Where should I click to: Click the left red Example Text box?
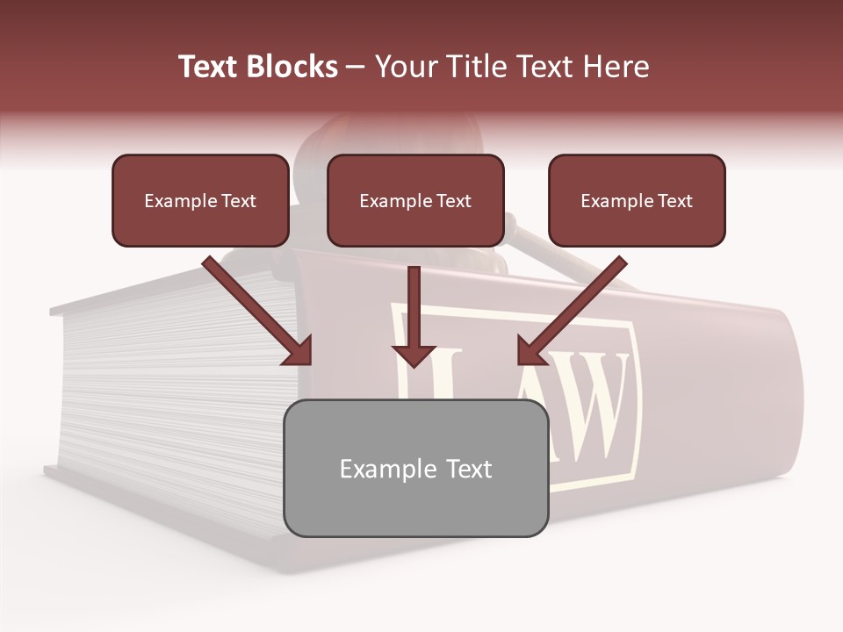coord(200,201)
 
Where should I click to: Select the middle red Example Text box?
coord(415,201)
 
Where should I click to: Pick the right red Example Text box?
coord(637,201)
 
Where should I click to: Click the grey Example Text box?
coord(415,469)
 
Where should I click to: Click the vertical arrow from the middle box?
coord(414,307)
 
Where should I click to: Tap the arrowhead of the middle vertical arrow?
coord(414,353)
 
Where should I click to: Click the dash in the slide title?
coord(356,68)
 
